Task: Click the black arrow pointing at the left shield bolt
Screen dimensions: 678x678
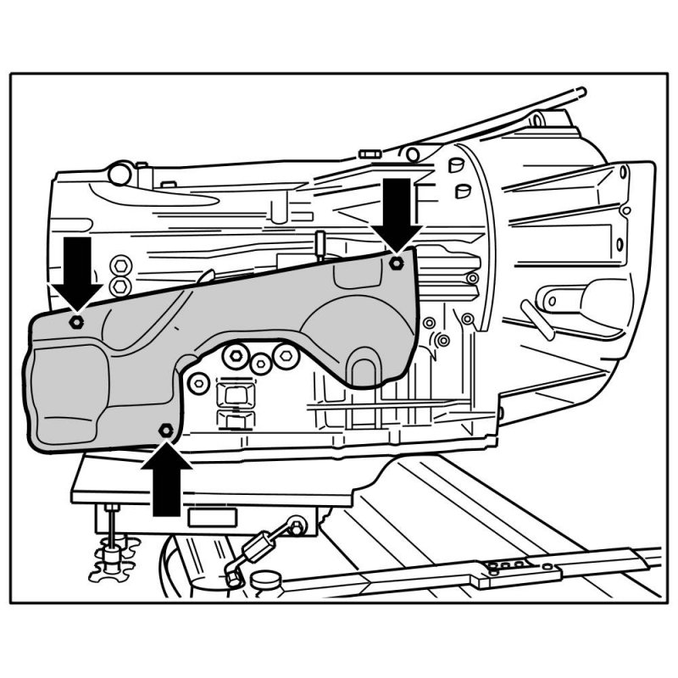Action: point(77,270)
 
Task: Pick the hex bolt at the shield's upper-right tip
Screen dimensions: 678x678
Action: point(396,264)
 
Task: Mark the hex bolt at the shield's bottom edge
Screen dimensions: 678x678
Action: point(165,431)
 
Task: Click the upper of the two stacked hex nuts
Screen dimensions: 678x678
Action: point(119,264)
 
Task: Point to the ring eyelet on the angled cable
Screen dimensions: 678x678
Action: point(296,525)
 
